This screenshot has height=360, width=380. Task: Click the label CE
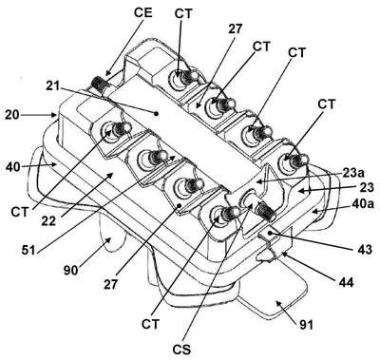click(x=143, y=12)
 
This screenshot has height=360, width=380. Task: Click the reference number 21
click(x=53, y=86)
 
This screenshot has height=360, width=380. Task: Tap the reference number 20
click(x=12, y=115)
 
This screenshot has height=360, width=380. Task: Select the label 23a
click(x=353, y=173)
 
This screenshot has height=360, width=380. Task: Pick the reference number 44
click(x=346, y=282)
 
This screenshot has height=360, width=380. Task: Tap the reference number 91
click(x=306, y=325)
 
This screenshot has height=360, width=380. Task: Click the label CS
click(x=181, y=350)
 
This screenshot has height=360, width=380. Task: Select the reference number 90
click(x=71, y=270)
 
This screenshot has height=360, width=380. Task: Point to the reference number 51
click(x=28, y=250)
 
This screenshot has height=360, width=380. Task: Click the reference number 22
click(x=48, y=220)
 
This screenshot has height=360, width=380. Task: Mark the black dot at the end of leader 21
click(x=156, y=113)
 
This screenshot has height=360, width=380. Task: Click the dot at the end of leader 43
click(x=270, y=234)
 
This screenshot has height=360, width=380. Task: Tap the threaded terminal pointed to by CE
click(x=100, y=84)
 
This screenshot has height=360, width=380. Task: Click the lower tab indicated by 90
click(x=111, y=236)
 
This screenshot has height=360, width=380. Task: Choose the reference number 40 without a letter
click(x=12, y=167)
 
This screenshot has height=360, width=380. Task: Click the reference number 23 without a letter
click(x=367, y=187)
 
